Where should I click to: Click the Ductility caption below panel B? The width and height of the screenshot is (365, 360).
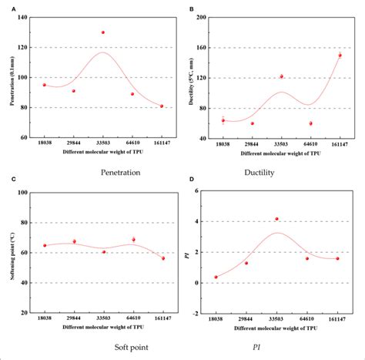(x=279, y=172)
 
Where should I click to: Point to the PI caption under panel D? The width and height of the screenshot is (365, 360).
(x=279, y=347)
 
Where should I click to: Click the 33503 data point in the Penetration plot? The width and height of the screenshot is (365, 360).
(x=103, y=32)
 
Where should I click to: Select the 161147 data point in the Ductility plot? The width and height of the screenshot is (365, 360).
(x=340, y=56)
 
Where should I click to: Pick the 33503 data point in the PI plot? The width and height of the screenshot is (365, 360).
(x=277, y=219)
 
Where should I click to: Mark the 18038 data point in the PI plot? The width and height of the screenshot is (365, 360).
(x=216, y=277)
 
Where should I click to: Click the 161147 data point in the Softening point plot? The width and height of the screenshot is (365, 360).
(x=163, y=258)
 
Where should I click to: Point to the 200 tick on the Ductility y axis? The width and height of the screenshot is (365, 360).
(x=206, y=17)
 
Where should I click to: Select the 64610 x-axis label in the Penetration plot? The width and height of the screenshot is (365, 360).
(x=133, y=144)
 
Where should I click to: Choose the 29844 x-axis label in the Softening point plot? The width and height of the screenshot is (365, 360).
(x=74, y=318)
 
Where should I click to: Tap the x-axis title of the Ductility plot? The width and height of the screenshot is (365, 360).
(x=280, y=153)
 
